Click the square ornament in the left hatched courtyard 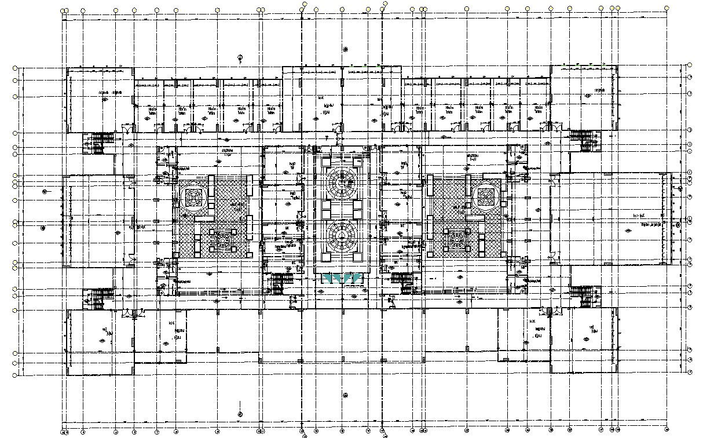(x=193, y=198)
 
